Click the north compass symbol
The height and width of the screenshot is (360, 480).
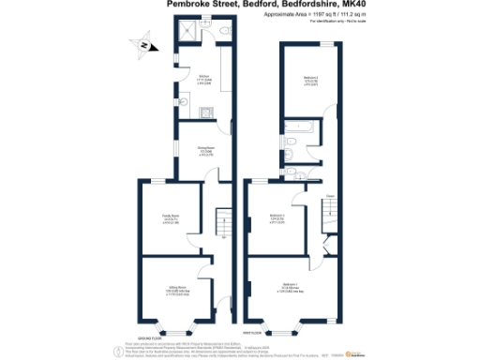141,43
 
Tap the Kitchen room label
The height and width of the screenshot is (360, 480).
203,80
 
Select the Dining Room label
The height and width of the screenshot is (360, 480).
202,151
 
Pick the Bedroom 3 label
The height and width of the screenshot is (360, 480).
277,218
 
